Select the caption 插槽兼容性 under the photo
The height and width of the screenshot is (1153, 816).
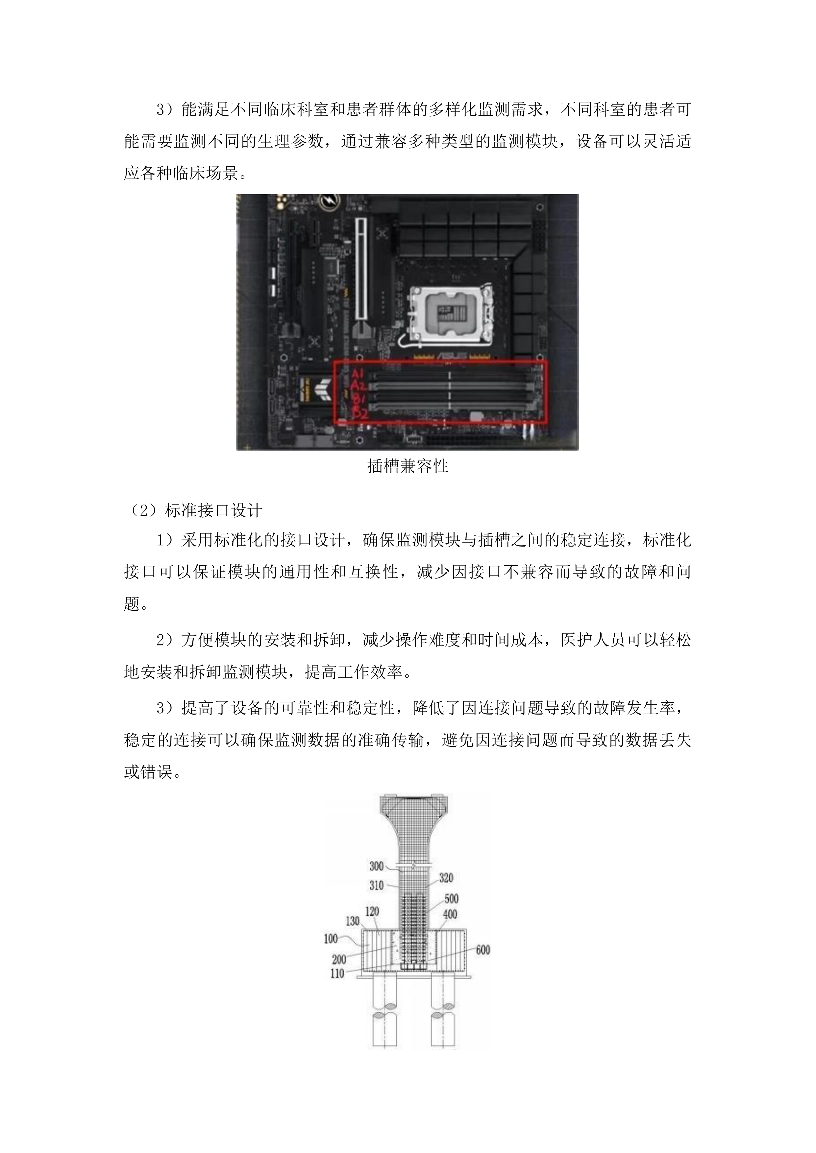point(408,466)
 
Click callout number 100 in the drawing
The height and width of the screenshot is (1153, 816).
point(331,938)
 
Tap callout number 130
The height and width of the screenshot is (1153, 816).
point(353,921)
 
